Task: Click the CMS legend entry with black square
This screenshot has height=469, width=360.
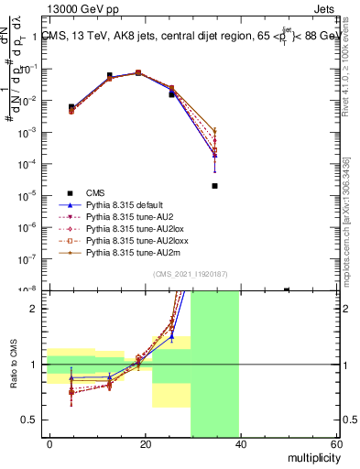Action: tap(95, 192)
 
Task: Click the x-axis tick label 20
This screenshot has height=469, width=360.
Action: tap(146, 443)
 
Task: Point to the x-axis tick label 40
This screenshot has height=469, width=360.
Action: tap(240, 443)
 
